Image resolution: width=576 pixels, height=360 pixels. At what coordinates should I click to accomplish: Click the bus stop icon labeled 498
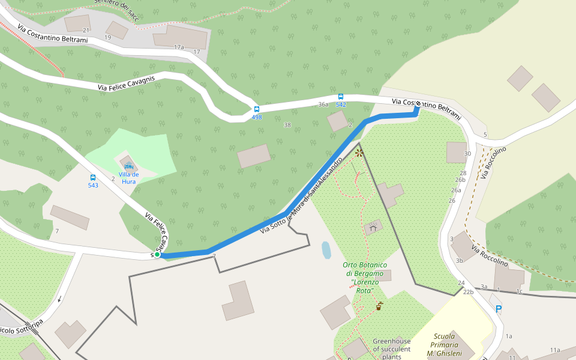coord(257,109)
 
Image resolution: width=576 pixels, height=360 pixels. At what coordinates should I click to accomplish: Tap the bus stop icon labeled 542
coord(341,97)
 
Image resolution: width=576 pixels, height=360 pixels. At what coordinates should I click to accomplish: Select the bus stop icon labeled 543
coord(93,178)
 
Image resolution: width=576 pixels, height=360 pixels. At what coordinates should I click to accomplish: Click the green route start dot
coord(157,254)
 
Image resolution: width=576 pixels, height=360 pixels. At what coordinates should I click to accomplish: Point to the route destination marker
coord(418,104)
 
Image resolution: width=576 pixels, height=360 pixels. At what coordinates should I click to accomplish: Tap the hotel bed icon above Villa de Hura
coord(128,166)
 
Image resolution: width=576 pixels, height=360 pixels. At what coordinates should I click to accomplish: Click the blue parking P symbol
coord(498,310)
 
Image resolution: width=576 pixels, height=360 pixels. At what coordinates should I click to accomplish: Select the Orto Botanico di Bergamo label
coord(365,277)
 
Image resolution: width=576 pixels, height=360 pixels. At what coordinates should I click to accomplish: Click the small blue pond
coord(326,250)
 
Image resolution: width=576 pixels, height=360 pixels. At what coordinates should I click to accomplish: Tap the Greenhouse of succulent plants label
coord(392,349)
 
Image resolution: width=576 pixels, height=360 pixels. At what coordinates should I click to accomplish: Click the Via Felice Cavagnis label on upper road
coord(127,83)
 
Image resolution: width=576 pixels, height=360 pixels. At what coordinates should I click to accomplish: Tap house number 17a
coord(178,47)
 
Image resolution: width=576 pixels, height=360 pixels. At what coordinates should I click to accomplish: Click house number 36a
coord(323,104)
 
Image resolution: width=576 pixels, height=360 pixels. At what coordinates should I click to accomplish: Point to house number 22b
coord(468,292)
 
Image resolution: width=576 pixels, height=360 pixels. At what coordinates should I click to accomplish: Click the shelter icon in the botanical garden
coord(373,227)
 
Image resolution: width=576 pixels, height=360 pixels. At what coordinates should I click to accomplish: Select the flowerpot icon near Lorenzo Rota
coord(379,307)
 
